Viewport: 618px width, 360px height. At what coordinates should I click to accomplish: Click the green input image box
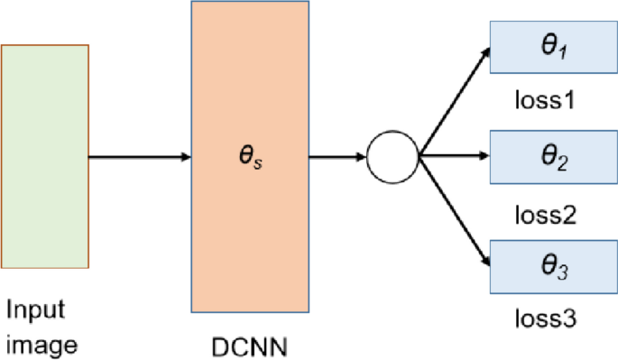pyautogui.click(x=45, y=156)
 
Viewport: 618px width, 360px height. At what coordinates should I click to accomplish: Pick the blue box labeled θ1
pyautogui.click(x=548, y=46)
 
